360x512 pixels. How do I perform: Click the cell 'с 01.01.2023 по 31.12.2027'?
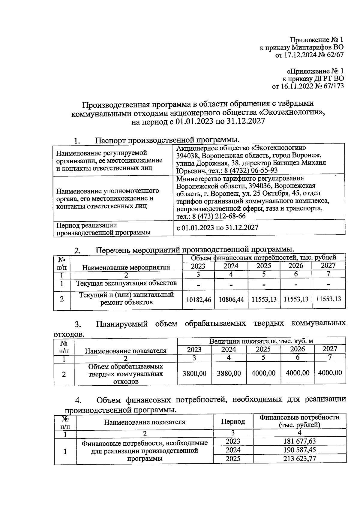coord(217,227)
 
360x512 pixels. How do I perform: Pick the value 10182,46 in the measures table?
coord(198,299)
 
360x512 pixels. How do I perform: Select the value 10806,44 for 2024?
coord(231,299)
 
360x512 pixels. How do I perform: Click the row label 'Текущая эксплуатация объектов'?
coord(126,283)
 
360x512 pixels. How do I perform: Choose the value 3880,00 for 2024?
coord(229,373)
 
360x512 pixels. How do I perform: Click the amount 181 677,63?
coord(299,441)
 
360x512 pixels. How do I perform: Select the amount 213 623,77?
coord(299,459)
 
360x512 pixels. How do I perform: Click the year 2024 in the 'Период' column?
coord(233,450)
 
